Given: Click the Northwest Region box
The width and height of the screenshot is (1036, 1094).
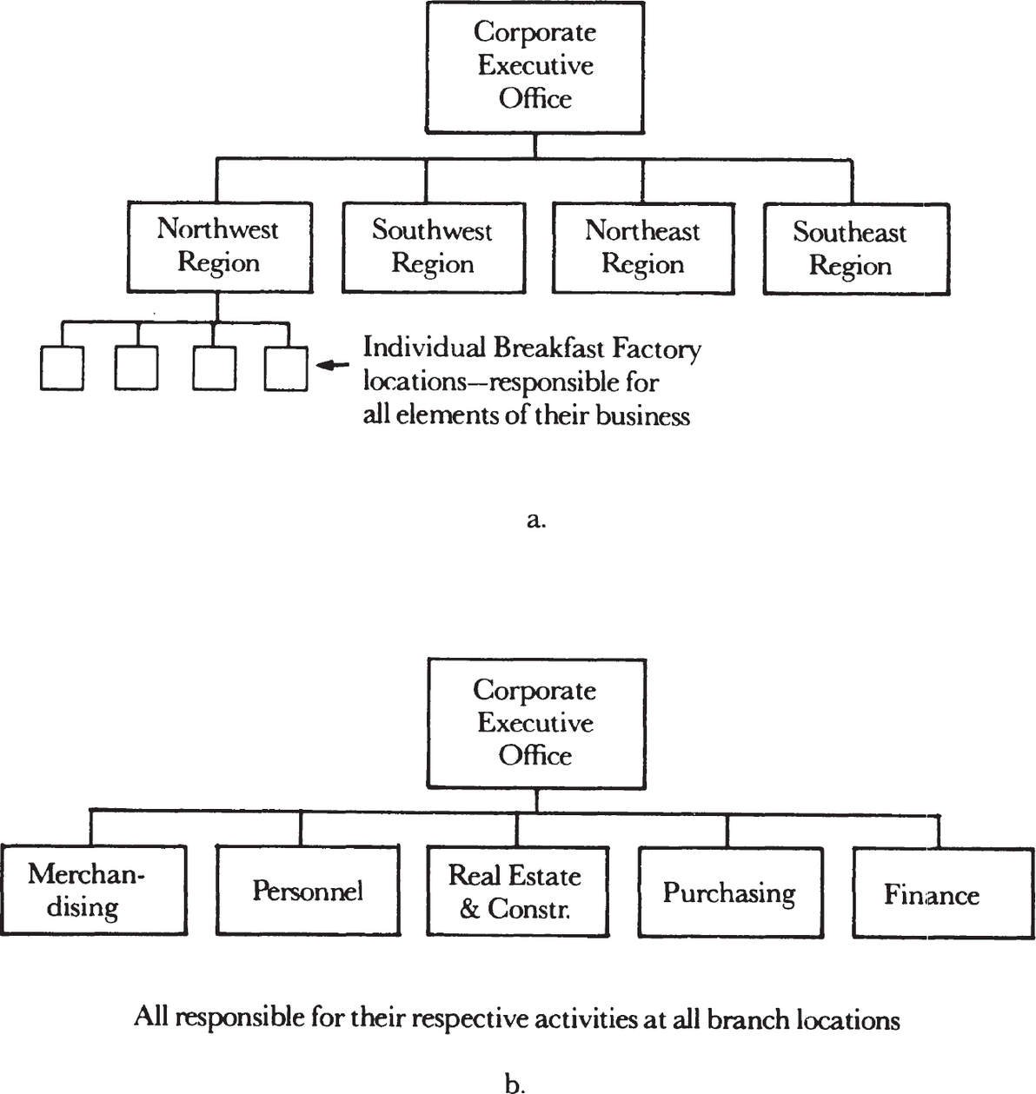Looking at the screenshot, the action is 219,247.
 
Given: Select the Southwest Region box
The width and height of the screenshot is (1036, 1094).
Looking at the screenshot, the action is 434,248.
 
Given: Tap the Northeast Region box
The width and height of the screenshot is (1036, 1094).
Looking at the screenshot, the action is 643,249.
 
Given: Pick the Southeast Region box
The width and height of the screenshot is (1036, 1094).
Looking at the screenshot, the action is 856,249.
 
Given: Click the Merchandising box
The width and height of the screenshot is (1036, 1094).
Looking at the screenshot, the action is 94,890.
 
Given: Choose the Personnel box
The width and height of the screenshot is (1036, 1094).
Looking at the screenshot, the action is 308,891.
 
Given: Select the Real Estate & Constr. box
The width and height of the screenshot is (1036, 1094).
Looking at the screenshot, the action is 518,892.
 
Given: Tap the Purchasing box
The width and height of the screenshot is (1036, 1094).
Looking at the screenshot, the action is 730,892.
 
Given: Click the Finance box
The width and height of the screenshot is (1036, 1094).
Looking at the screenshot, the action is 944,893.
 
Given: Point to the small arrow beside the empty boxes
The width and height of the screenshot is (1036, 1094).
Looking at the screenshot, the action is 333,365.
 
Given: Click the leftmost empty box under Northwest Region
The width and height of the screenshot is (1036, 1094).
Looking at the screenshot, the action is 63,368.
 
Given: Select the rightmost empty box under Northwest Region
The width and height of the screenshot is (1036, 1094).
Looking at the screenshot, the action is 286,368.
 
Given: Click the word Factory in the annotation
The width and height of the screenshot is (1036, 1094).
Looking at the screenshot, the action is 656,350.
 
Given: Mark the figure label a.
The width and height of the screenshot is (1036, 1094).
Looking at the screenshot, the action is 535,520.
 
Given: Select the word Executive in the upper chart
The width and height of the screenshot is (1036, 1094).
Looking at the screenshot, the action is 535,65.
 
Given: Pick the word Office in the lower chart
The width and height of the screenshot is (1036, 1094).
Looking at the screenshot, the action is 535,755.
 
